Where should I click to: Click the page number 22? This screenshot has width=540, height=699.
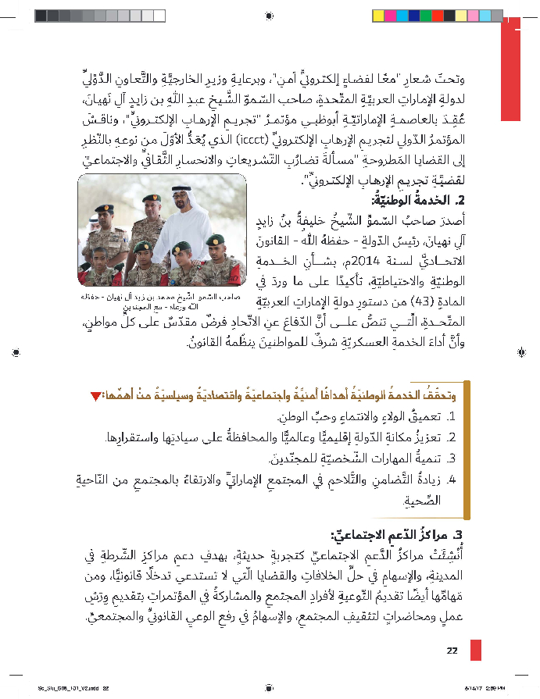click(x=452, y=651)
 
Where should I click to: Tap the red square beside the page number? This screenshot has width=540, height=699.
click(x=475, y=651)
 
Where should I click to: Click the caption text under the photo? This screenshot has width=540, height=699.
click(x=163, y=303)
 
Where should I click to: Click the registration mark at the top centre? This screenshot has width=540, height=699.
click(x=270, y=15)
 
